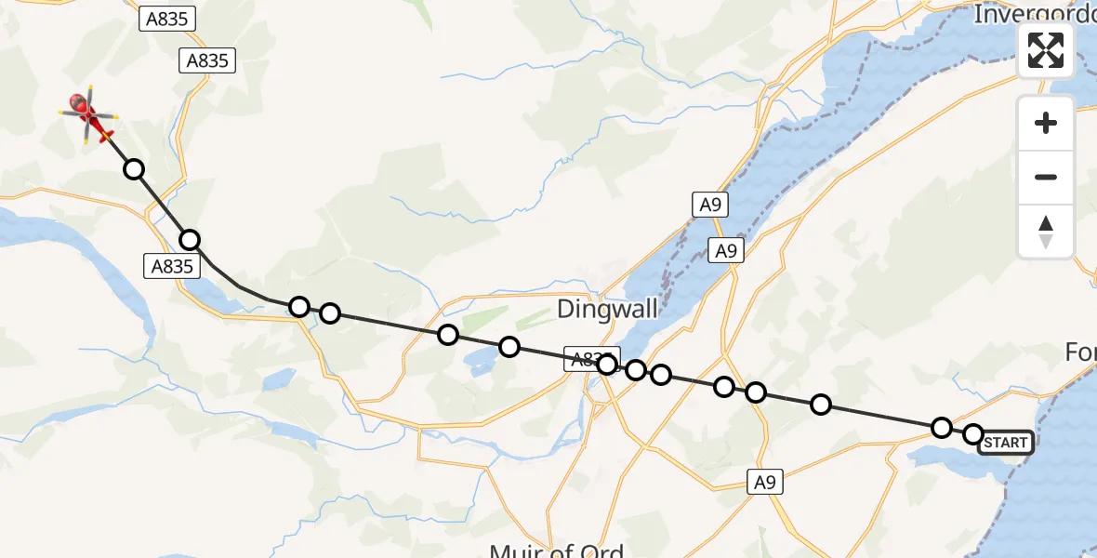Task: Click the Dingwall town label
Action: coord(596,310)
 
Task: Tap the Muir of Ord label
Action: coord(557,550)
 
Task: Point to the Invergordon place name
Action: coord(1033,14)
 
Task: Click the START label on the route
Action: coord(1005,443)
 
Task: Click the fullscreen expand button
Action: coord(1046,50)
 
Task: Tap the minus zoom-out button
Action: coord(1046,177)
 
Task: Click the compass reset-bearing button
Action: coord(1046,231)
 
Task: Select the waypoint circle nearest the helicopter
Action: coord(134,169)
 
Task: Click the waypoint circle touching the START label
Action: coord(973,434)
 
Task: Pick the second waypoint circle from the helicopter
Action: coord(190,240)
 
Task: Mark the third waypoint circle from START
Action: coord(821,404)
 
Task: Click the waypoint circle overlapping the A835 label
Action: coord(607,365)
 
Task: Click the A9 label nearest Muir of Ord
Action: coord(763,482)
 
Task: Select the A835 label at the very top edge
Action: coord(167,19)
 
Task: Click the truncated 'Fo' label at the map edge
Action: coord(1080,353)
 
